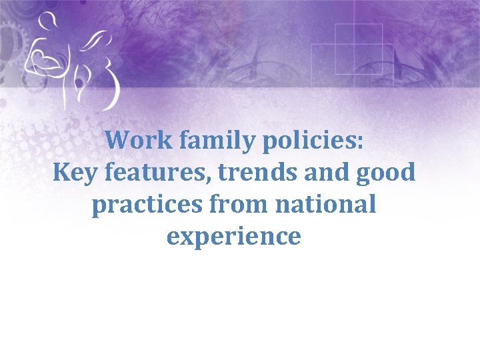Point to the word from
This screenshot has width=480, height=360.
[x=221, y=205]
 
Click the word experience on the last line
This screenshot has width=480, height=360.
[x=234, y=237]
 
